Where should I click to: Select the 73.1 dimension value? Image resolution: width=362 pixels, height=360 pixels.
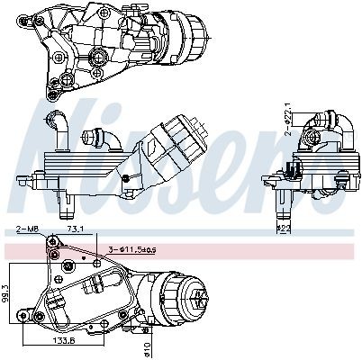coord(78,231)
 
